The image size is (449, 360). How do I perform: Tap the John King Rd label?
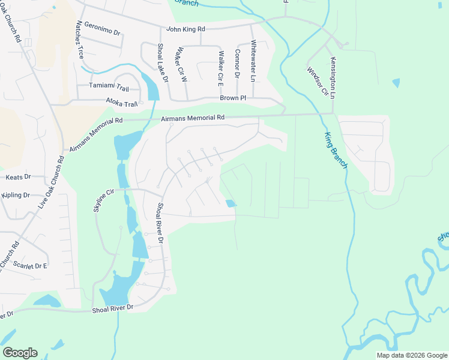point(185,29)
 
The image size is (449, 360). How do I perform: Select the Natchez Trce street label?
point(80,40)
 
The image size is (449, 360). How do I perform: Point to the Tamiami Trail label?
point(109,86)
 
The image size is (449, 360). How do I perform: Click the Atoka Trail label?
point(122,102)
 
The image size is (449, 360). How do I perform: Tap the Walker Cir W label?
point(184,67)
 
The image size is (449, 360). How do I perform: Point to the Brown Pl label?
point(233,97)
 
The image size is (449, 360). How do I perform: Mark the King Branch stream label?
point(337,150)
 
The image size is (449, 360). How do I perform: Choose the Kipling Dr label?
point(16,195)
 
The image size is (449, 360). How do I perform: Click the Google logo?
point(20,353)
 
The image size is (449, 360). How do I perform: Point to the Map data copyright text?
point(411,355)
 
